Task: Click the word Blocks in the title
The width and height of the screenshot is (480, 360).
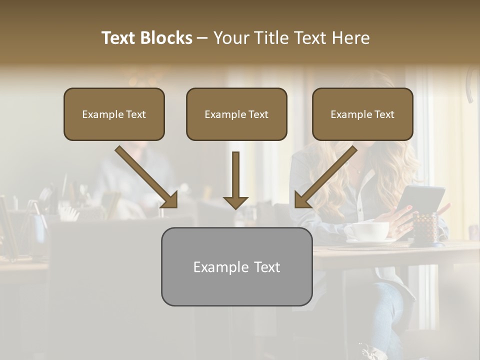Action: [x=167, y=38]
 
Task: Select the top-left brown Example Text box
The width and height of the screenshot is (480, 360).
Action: [x=114, y=114]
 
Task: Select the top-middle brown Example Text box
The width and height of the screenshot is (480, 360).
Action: [x=236, y=114]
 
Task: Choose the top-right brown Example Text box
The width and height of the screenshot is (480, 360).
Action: [x=362, y=114]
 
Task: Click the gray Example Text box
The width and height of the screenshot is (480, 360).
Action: [x=236, y=266]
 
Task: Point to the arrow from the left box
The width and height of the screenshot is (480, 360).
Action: [x=147, y=177]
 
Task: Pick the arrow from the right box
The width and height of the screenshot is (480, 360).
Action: [x=325, y=177]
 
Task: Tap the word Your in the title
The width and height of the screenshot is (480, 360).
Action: [x=229, y=38]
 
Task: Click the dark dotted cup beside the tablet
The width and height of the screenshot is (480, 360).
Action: [x=425, y=227]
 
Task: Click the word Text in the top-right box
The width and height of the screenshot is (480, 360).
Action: [x=384, y=114]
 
